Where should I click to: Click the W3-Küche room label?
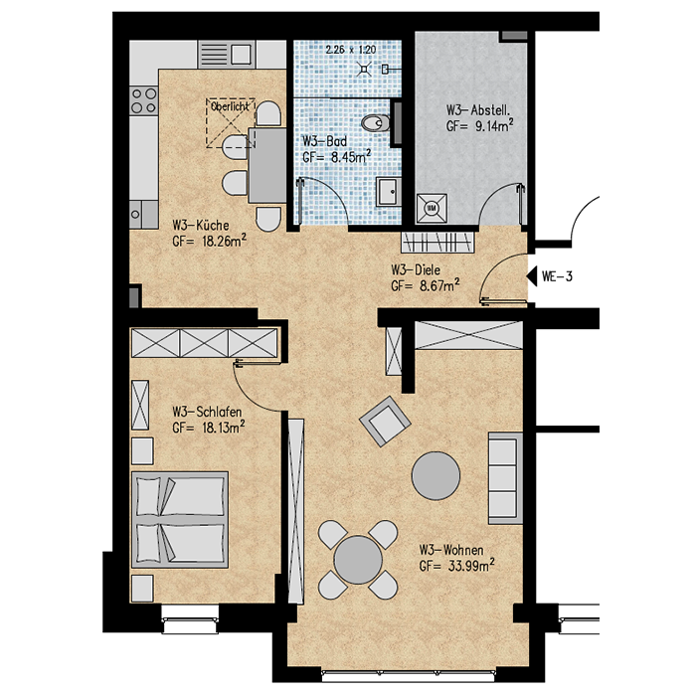[x=201, y=225]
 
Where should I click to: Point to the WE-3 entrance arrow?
[x=531, y=276]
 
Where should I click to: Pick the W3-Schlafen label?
[x=207, y=412]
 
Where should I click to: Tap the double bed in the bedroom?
[x=180, y=520]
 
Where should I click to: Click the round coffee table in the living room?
[x=435, y=475]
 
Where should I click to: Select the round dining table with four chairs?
[x=358, y=559]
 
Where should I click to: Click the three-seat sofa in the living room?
[x=505, y=478]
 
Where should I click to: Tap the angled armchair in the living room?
[x=385, y=421]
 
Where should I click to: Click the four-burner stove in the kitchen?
[x=144, y=100]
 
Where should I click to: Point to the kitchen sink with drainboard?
[x=227, y=54]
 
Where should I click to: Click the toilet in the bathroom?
[x=376, y=123]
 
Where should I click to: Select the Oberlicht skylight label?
[x=230, y=106]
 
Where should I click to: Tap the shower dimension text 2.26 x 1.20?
[x=351, y=50]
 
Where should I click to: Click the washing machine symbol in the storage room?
[x=432, y=208]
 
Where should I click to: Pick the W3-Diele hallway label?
[x=416, y=269]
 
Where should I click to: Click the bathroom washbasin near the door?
[x=389, y=191]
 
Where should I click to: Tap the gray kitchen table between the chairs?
[x=267, y=165]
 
